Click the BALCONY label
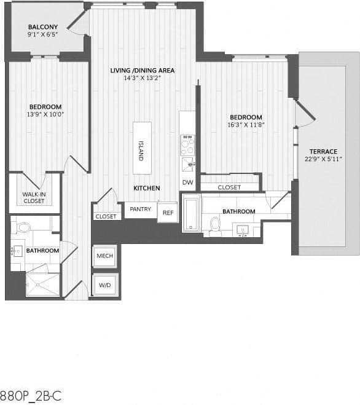[43, 27]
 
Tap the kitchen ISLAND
[141, 149]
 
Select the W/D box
[104, 285]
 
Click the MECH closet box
[104, 256]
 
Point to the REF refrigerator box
[167, 212]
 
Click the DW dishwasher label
[187, 183]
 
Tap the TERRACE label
[323, 151]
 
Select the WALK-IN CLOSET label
[34, 197]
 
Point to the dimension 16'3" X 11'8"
[246, 125]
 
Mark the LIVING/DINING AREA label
[143, 71]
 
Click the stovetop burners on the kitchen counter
[187, 144]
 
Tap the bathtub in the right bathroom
[191, 213]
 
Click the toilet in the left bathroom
[24, 227]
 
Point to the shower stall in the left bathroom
[43, 284]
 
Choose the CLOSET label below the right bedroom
[229, 187]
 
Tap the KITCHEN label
[147, 188]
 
